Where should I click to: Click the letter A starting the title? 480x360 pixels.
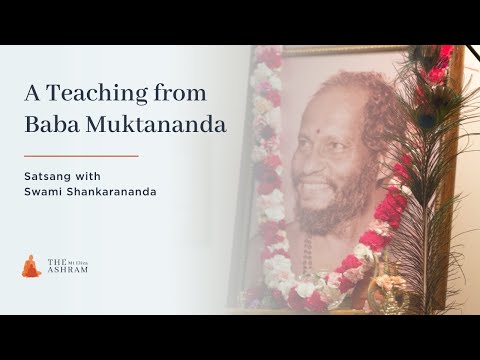point(31,94)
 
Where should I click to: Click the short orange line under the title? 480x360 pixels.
point(80,156)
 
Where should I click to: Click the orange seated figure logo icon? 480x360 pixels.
point(31,265)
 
